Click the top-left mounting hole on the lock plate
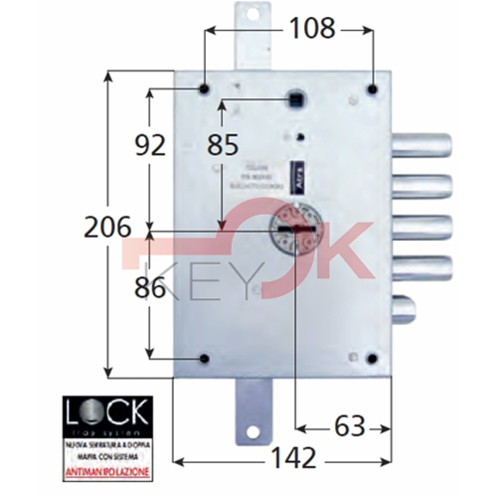click(x=204, y=89)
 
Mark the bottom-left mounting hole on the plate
click(x=205, y=359)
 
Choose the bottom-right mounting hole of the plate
click(x=372, y=359)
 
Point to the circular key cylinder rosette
click(x=292, y=226)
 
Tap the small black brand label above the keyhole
click(x=296, y=176)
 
